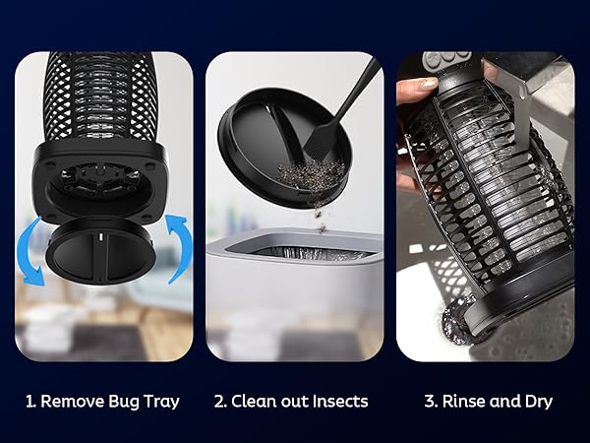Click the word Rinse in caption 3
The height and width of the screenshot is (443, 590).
464,401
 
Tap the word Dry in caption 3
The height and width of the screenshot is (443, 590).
536,401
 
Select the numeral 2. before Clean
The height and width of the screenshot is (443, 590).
221,401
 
